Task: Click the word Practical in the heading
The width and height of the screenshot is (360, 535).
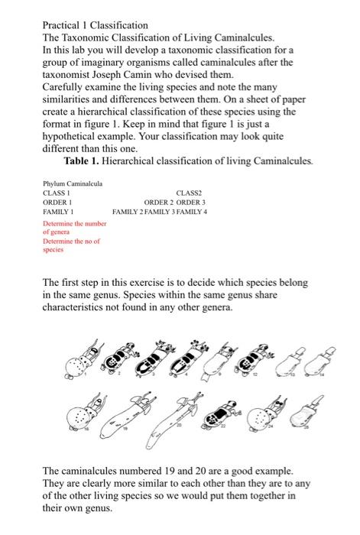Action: pyautogui.click(x=62, y=26)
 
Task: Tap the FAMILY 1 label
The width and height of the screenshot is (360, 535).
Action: pyautogui.click(x=57, y=210)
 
